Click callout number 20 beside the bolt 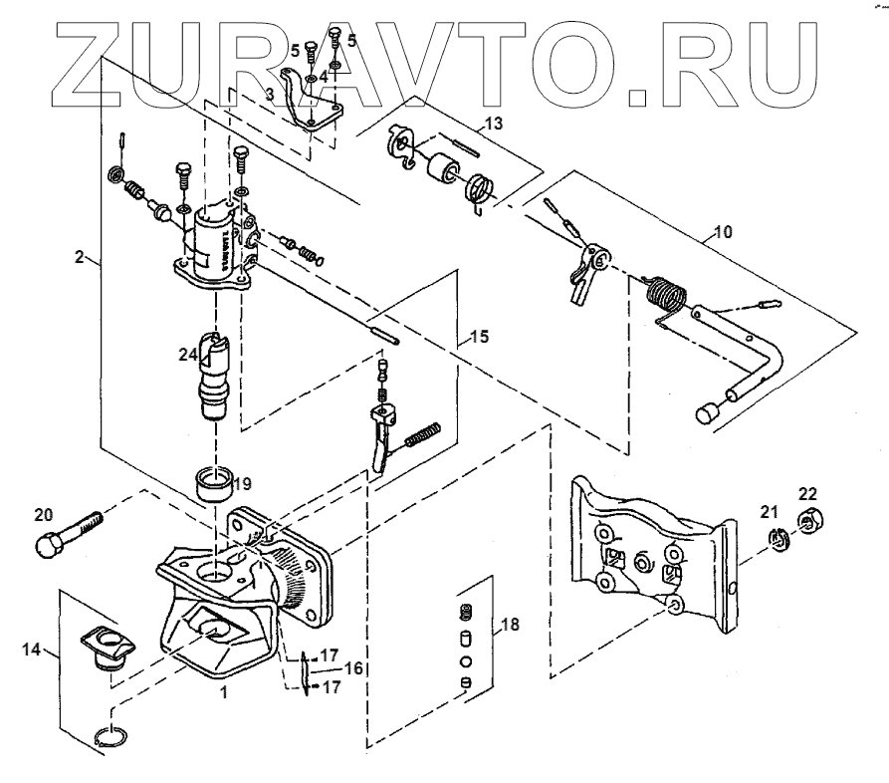(43, 516)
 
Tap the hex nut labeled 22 (808, 518)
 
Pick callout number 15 (479, 337)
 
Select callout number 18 (509, 626)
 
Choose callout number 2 (79, 256)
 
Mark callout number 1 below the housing (224, 693)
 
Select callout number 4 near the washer (322, 76)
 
